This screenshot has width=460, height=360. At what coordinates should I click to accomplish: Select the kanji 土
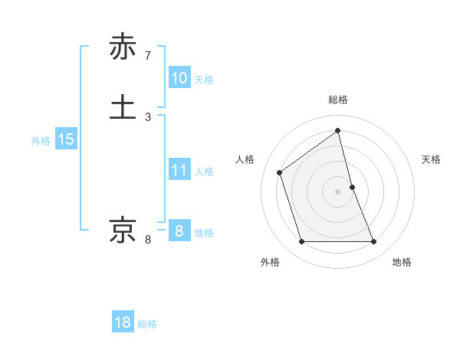[x=123, y=106]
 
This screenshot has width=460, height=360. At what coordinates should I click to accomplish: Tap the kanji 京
[x=123, y=230]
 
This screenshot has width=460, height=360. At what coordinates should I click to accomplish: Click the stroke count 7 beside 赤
[x=148, y=56]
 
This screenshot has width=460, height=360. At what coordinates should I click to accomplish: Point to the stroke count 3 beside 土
[x=148, y=116]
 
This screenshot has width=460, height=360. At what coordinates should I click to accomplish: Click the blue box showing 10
[x=179, y=78]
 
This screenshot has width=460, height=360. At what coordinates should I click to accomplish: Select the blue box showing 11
[x=179, y=170]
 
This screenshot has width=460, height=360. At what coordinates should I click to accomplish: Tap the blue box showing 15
[x=66, y=139]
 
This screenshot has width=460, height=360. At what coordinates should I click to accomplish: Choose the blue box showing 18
[x=123, y=322]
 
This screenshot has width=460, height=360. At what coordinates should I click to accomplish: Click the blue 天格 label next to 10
[x=204, y=80]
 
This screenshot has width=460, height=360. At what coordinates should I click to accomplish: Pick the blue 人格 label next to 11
[x=204, y=172]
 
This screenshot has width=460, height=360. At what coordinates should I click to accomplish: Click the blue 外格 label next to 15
[x=41, y=141]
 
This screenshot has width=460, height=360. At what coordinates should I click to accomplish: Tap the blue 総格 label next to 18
[x=147, y=324]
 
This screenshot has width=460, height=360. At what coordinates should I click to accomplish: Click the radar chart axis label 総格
[x=338, y=100]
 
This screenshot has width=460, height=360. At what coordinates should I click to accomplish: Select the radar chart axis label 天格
[x=431, y=159]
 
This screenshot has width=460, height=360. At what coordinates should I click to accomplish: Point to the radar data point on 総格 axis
[x=338, y=131]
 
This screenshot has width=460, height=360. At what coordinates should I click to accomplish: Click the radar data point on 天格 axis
[x=352, y=187]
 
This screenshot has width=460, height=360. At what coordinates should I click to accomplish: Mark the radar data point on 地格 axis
[x=374, y=242]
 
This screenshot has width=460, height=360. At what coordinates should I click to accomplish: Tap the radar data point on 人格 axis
[x=280, y=172]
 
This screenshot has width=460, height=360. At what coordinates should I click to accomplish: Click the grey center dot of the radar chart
[x=338, y=191]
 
